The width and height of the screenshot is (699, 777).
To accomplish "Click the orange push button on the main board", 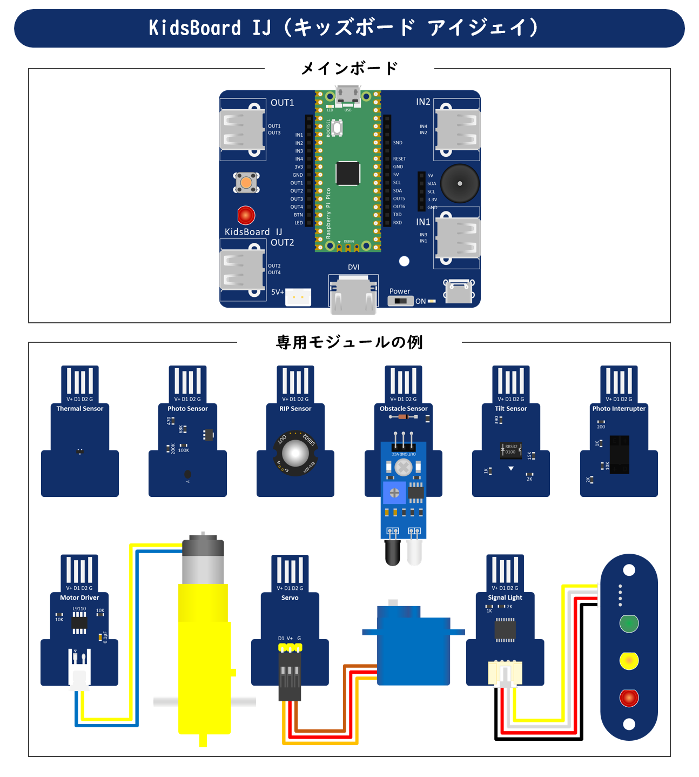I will (246, 183).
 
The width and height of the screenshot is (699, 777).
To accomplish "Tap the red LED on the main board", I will (246, 215).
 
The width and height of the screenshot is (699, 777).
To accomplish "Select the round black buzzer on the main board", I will (460, 183).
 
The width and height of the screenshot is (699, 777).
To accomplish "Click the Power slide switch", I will (400, 301).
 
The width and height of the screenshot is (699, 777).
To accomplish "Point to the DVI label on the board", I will (354, 267).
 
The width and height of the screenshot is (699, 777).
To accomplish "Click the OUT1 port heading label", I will (282, 103).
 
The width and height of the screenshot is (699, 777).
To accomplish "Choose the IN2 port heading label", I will (423, 102).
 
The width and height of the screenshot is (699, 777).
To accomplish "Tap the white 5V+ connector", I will (298, 297).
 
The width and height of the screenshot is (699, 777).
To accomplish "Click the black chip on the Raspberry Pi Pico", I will (348, 173).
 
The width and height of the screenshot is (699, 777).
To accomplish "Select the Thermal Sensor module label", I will (79, 409).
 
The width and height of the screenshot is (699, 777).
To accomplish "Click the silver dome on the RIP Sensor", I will (295, 453).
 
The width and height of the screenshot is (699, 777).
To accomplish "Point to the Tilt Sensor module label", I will (510, 409).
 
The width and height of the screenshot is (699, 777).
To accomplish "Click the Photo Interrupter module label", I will (619, 409).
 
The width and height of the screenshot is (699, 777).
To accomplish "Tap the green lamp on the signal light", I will (629, 623).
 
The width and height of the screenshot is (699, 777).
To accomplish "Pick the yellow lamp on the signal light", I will (629, 661).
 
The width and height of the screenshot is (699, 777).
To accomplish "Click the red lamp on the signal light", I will (629, 698).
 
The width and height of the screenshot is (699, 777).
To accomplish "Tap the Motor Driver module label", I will (79, 598).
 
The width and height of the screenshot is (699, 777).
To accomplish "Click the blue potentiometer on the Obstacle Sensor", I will (394, 493).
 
